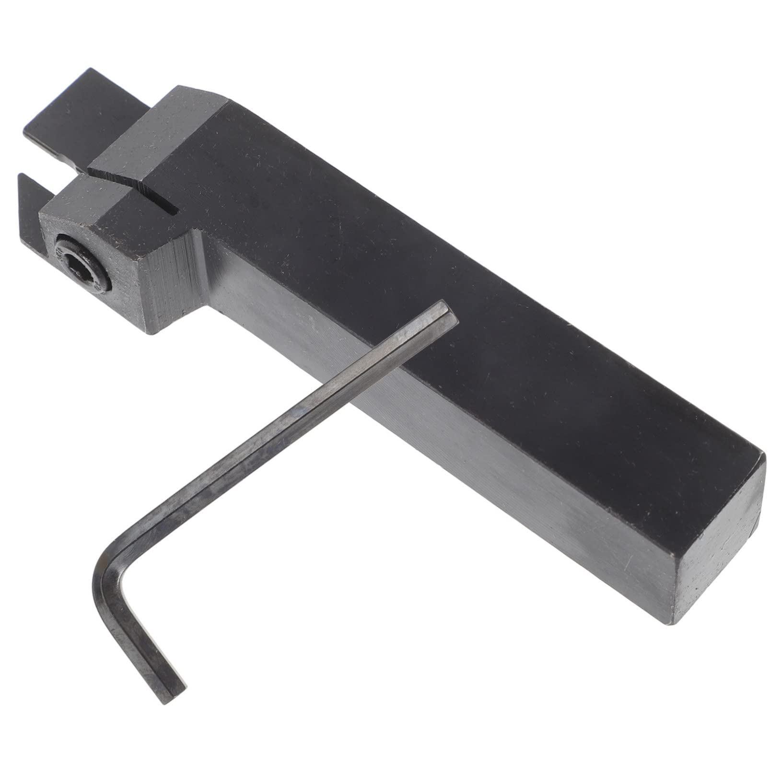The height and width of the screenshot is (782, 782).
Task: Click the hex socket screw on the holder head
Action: click(82, 262)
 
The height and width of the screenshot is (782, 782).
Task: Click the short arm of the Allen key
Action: click(139, 642)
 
